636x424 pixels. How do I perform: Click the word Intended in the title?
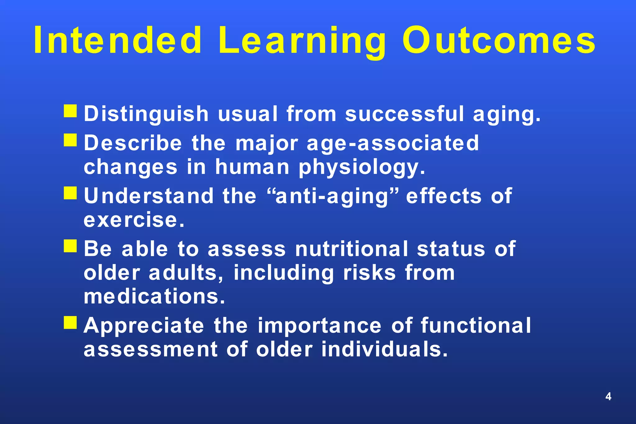118,40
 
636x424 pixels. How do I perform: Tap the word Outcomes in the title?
499,40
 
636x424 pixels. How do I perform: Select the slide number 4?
608,396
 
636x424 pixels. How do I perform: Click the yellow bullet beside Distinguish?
70,111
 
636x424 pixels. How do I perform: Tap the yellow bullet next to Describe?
70,140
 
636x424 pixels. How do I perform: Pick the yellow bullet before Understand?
70,193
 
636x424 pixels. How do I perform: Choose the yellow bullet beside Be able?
70,246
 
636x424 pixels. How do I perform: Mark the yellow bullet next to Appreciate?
70,322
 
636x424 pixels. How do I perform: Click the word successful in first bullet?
404,114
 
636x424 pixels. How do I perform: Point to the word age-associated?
393,143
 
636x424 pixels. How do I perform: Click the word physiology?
361,168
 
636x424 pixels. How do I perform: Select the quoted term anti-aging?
332,196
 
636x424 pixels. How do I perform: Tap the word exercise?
134,220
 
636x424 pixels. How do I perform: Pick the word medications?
154,296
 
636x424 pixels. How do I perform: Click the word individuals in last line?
384,349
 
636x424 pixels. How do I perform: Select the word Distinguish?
146,114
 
